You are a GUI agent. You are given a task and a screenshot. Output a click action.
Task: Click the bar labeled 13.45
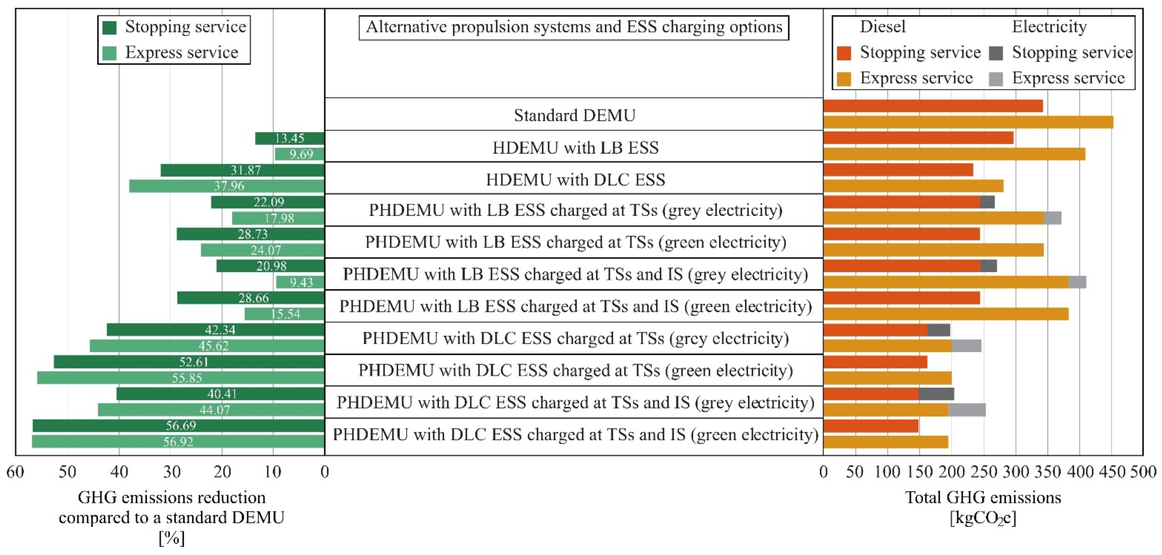click(x=290, y=138)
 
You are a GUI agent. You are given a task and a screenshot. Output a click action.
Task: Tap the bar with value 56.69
click(x=178, y=425)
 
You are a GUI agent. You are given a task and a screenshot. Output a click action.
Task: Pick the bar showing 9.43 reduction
click(x=300, y=282)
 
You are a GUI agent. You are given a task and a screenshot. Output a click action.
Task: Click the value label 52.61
click(x=193, y=362)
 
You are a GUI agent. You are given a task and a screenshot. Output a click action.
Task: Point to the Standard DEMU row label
click(x=574, y=115)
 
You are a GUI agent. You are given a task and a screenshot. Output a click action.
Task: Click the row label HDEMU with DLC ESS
click(x=575, y=179)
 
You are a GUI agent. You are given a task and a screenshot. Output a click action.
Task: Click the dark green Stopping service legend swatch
click(x=109, y=27)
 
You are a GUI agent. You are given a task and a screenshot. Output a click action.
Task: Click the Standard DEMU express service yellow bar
click(x=968, y=122)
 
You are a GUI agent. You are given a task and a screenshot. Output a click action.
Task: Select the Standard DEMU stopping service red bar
click(x=933, y=106)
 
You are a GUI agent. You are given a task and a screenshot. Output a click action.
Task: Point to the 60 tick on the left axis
click(x=15, y=472)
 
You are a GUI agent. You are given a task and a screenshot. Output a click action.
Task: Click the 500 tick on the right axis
click(x=1143, y=472)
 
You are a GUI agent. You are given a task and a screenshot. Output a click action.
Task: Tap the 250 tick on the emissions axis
click(x=983, y=472)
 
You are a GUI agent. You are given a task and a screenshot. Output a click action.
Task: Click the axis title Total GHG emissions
click(x=983, y=497)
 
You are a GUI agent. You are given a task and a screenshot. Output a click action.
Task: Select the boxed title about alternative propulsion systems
click(x=574, y=27)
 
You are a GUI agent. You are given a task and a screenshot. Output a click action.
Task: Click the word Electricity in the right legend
click(x=1049, y=27)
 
